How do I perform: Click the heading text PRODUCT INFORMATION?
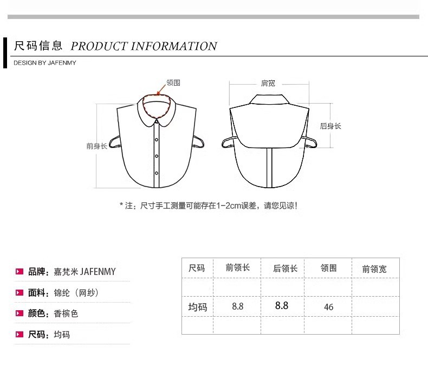pos(144,46)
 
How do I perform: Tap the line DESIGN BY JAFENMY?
pos(45,63)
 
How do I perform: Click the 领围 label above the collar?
pos(173,83)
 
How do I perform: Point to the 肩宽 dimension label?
pos(268,83)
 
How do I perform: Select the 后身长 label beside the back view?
pos(330,126)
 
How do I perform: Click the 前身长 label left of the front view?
pos(96,146)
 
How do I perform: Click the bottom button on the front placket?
pos(157,173)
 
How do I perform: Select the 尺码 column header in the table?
pos(197,268)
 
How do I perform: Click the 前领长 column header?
pos(237,267)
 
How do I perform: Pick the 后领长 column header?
pos(285,268)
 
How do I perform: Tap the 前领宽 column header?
pos(374,268)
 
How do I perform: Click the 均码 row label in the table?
pos(197,307)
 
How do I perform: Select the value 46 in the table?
pos(328,307)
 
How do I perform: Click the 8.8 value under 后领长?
pos(282,305)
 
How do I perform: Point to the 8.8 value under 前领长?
pos(237,306)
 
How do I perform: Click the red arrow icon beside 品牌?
pos(20,271)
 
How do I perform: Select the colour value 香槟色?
pos(66,313)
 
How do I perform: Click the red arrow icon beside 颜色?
pos(20,313)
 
